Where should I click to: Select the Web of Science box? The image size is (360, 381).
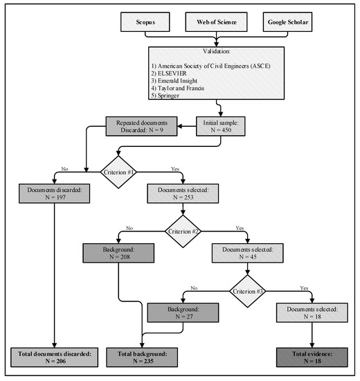pos(217,22)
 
